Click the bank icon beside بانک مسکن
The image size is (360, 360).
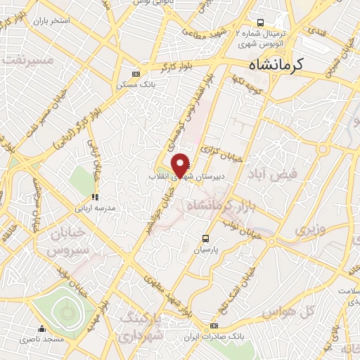pos(136,73)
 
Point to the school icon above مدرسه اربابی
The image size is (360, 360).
pos(94,197)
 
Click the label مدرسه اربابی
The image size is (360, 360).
pos(95,208)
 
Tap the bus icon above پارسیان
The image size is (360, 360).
pos(206,238)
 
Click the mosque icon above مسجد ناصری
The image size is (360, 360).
pos(43,328)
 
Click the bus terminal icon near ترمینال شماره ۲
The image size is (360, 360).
pos(261,22)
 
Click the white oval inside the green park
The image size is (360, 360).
pos(67,310)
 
